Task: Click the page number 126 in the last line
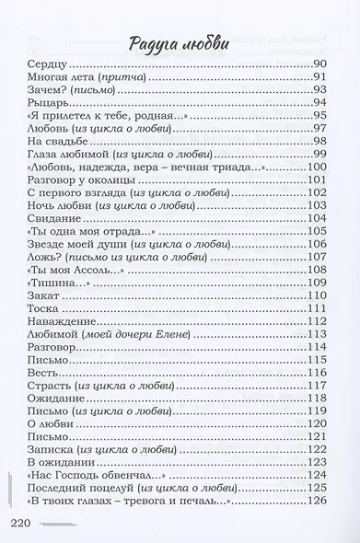[x=319, y=500]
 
